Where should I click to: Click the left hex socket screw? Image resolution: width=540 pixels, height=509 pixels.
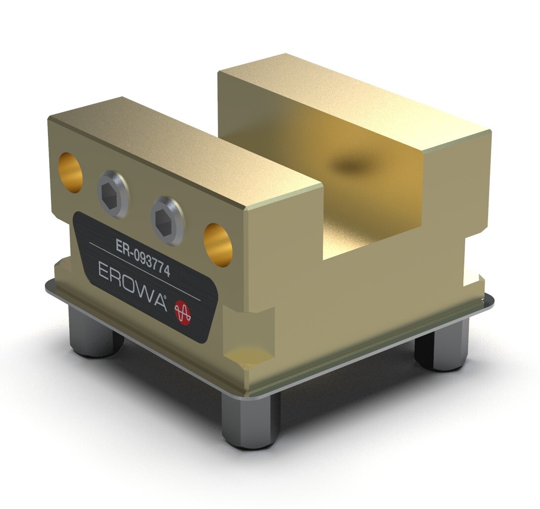tap(113, 194)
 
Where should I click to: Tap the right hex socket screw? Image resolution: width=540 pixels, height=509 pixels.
tap(168, 221)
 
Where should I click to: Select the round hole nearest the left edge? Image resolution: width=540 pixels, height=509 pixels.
tap(71, 172)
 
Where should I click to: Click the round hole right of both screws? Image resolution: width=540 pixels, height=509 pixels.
tap(218, 245)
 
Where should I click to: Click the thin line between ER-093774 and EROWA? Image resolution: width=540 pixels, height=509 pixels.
tap(144, 271)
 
